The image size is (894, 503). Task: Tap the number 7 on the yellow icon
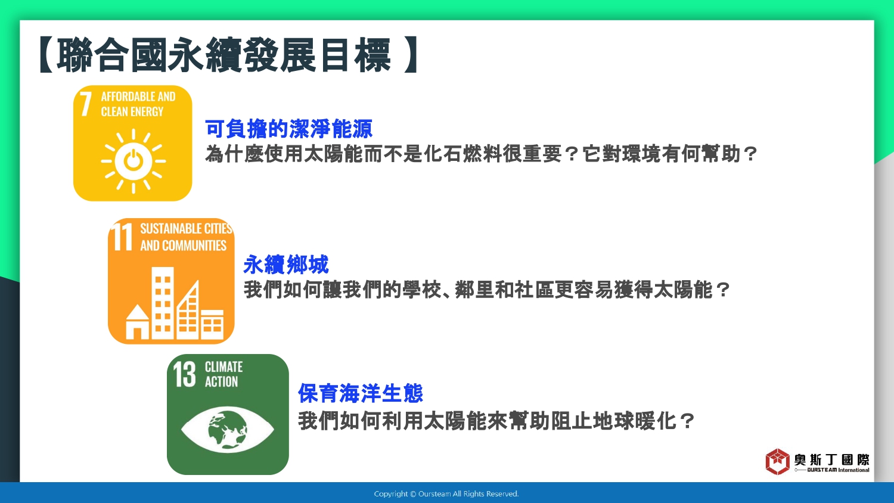click(85, 104)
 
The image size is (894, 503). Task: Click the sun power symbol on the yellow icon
click(134, 162)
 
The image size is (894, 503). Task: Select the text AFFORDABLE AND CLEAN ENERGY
click(138, 104)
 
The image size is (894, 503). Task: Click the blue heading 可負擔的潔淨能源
click(288, 129)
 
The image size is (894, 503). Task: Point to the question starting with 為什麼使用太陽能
click(481, 154)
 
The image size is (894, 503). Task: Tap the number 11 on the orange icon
click(122, 237)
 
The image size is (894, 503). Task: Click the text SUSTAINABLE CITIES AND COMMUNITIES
click(186, 237)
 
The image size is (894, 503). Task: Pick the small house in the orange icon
click(137, 322)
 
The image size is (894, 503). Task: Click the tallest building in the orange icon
click(163, 303)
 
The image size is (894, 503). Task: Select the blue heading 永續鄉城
click(285, 264)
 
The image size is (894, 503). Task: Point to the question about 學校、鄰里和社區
click(486, 290)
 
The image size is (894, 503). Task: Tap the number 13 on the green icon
click(184, 374)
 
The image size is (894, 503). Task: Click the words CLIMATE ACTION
click(223, 374)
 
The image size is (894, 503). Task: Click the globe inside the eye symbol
click(228, 430)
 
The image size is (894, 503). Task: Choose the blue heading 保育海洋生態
click(360, 393)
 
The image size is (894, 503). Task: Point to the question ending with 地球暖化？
click(496, 421)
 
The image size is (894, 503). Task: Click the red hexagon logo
click(777, 461)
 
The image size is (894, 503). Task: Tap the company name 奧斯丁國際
click(831, 460)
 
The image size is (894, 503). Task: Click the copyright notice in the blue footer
click(446, 494)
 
